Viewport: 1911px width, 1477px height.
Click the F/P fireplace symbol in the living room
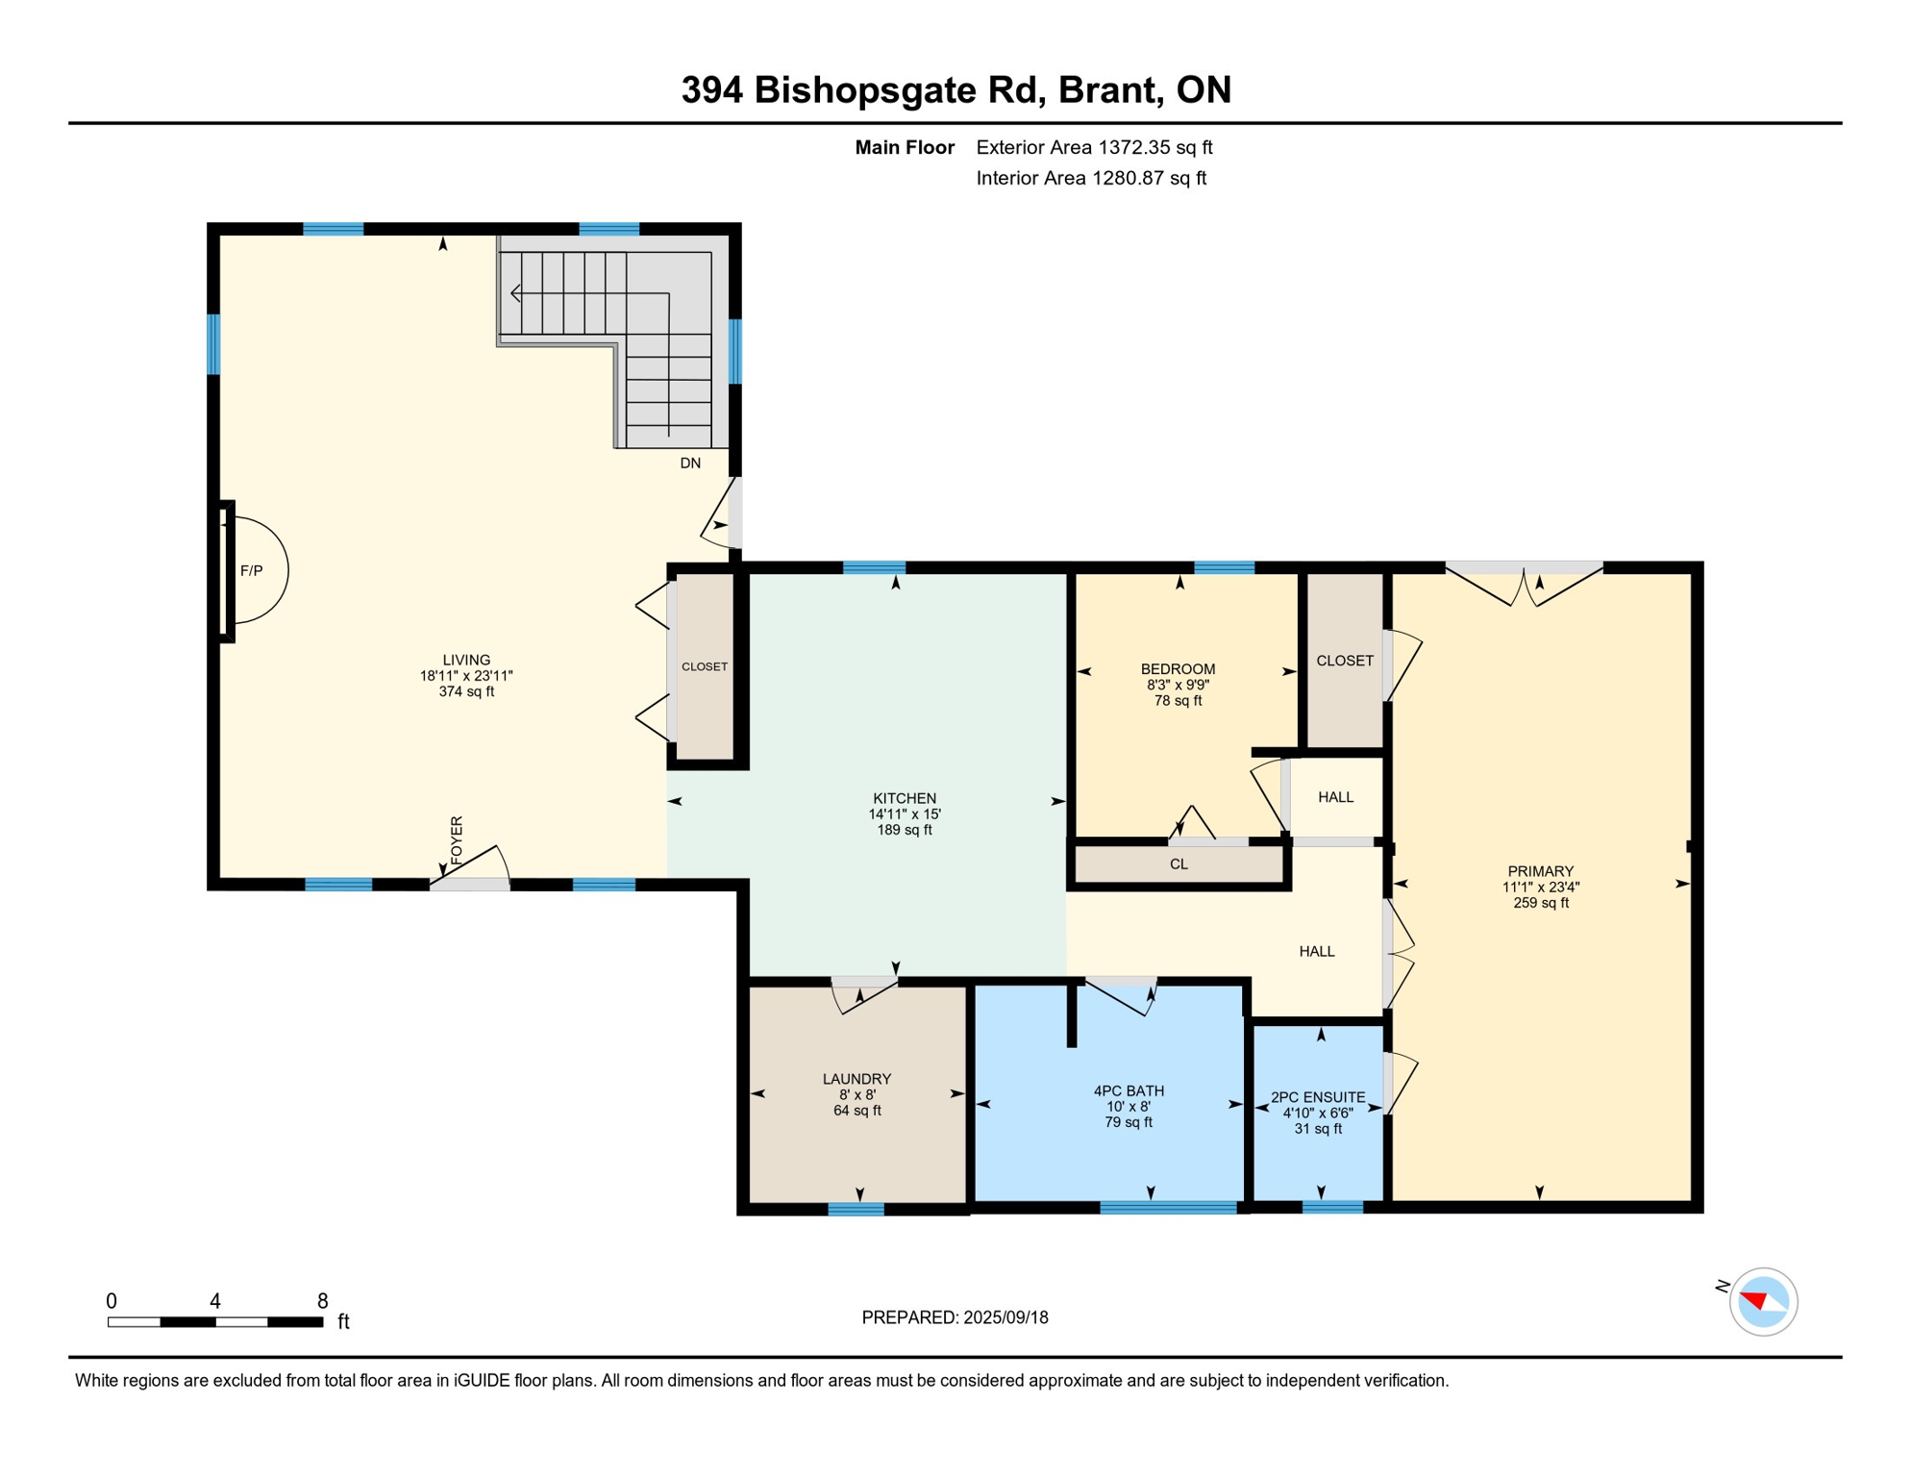pyautogui.click(x=252, y=570)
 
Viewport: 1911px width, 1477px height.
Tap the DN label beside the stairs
pyautogui.click(x=690, y=463)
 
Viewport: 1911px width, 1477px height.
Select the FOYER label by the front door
pyautogui.click(x=457, y=839)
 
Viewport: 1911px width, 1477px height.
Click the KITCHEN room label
pyautogui.click(x=904, y=798)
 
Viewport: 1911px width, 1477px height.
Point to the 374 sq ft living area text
pyautogui.click(x=466, y=691)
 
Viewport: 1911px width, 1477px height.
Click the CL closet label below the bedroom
pyautogui.click(x=1179, y=864)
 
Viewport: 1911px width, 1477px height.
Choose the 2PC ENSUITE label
pyautogui.click(x=1318, y=1097)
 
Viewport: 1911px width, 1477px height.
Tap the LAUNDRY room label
pyautogui.click(x=856, y=1079)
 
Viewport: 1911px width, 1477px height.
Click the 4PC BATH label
pyautogui.click(x=1129, y=1090)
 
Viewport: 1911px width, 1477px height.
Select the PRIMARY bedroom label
pyautogui.click(x=1540, y=871)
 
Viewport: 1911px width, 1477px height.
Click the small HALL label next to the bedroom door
pyautogui.click(x=1335, y=797)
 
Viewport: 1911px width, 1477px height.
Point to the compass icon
pyautogui.click(x=1763, y=1302)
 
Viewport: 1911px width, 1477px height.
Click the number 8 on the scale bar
pyautogui.click(x=323, y=1301)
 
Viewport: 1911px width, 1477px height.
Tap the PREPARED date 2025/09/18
pyautogui.click(x=1004, y=1317)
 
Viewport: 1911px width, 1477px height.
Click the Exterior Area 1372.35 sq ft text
pyautogui.click(x=1094, y=147)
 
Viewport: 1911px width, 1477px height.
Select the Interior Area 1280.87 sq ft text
pyautogui.click(x=1091, y=178)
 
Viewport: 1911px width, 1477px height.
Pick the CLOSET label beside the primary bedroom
pyautogui.click(x=1344, y=661)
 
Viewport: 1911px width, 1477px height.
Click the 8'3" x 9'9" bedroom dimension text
pyautogui.click(x=1178, y=685)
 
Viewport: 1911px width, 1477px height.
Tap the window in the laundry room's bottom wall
pyautogui.click(x=856, y=1210)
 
